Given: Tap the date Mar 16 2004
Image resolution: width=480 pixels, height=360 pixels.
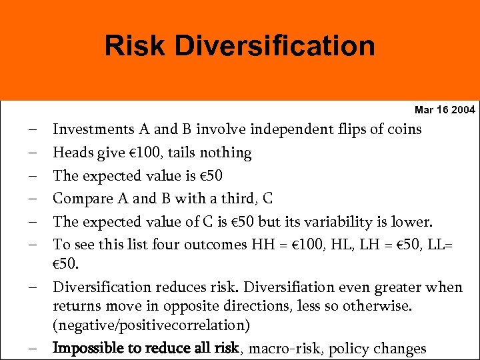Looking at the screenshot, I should tap(445, 109).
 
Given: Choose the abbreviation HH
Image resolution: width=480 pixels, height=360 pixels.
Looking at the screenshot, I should tap(262, 244).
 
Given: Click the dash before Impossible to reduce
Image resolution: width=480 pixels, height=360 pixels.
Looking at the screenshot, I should tap(33, 348).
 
